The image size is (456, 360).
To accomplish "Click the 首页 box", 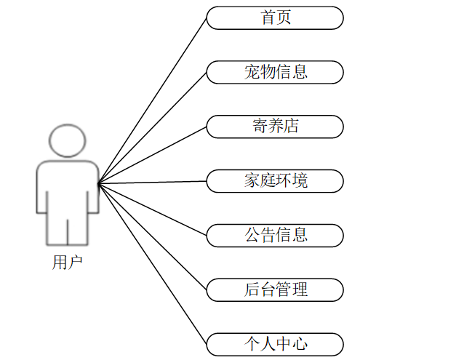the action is point(275,18).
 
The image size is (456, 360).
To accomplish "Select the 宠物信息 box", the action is point(275,72).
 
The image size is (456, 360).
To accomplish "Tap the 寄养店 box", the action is point(275,127).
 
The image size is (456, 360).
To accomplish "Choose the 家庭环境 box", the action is point(275,181).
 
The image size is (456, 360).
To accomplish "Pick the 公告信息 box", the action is point(275,235).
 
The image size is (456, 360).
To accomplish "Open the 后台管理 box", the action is point(275,289).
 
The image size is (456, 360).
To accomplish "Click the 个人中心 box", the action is point(275,343).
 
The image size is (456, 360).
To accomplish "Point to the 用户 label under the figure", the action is point(68,263).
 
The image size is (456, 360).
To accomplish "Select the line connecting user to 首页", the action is point(153,100).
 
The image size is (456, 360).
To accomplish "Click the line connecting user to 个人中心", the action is point(153,263).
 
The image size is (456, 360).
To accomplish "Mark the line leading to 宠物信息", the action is point(153,127).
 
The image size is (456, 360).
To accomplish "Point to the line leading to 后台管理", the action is point(153,236).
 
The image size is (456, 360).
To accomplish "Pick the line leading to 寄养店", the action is point(153,154).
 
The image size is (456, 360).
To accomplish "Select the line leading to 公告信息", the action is point(153,209).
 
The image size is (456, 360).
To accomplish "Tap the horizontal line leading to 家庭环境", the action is point(153,182).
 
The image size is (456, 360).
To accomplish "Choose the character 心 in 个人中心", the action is point(299,343).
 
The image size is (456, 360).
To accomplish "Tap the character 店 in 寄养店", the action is point(291,127).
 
